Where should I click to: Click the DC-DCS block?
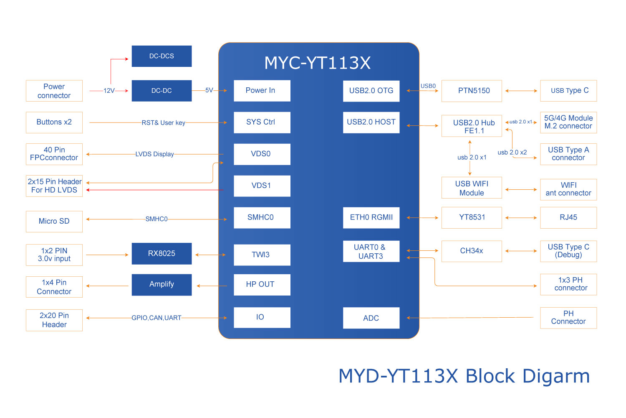(162, 56)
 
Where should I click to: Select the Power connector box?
(54, 91)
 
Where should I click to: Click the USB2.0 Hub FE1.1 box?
(472, 126)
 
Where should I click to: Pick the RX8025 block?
(162, 254)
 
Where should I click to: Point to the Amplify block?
(162, 285)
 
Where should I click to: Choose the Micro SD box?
(54, 222)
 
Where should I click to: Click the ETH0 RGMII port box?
(371, 218)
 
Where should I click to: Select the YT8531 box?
(472, 218)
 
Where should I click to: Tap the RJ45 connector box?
(568, 218)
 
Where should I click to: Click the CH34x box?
(472, 251)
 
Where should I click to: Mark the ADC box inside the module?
(371, 318)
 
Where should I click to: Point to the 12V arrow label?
(109, 91)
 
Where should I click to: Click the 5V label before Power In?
(209, 90)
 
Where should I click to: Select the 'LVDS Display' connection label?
(154, 154)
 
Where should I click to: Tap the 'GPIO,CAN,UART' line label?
(156, 318)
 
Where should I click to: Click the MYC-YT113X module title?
(318, 63)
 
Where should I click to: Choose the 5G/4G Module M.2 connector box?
(568, 122)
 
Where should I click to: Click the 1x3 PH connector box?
(568, 285)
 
